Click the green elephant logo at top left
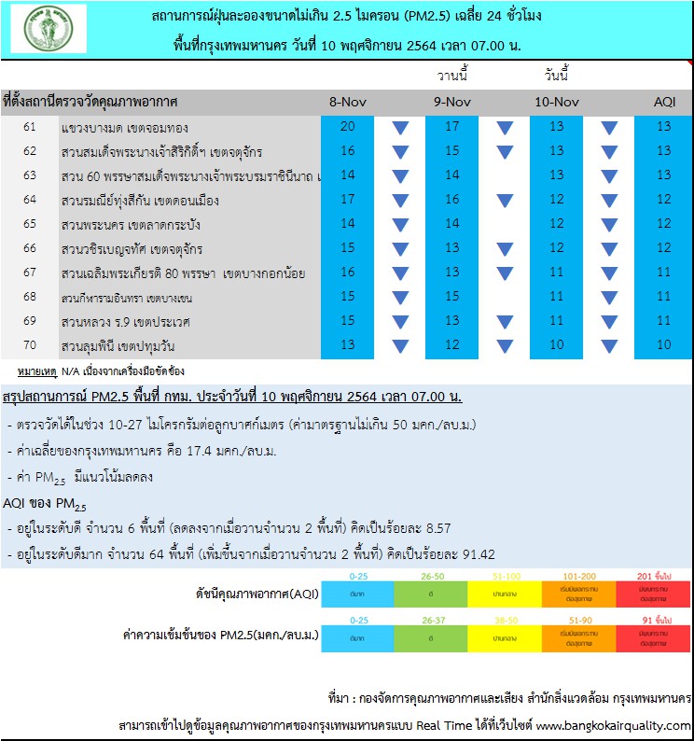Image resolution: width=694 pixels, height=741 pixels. click(48, 29)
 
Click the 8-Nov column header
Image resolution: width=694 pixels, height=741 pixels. click(347, 102)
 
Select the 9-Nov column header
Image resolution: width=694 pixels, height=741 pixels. click(451, 102)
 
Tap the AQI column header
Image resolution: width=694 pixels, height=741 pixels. click(663, 102)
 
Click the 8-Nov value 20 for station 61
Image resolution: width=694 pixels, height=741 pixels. click(347, 126)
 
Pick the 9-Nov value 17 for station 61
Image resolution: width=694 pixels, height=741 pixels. click(451, 126)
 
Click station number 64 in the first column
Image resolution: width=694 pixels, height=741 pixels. click(30, 200)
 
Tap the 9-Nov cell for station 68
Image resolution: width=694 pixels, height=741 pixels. click(451, 297)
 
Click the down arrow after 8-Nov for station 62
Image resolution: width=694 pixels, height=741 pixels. click(400, 151)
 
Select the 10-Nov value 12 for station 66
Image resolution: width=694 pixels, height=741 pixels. click(557, 248)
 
